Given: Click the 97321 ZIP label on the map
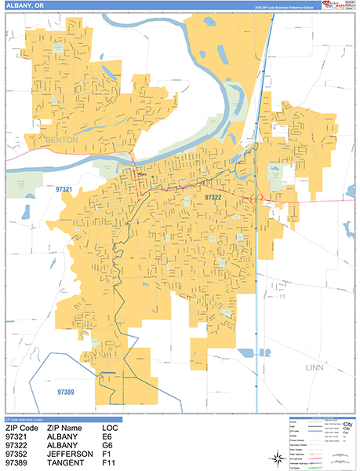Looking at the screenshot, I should (64, 190).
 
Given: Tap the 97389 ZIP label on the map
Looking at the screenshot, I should (71, 391).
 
